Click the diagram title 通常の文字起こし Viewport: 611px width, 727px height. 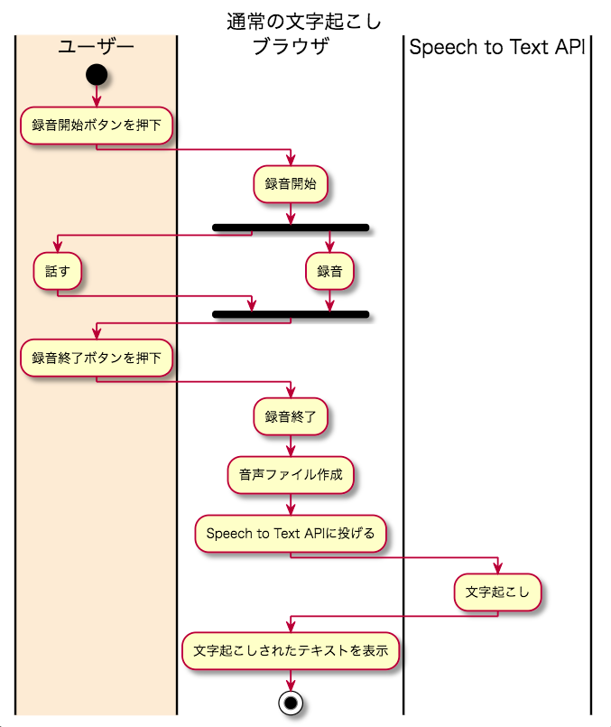304,20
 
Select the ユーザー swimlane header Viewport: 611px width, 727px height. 96,47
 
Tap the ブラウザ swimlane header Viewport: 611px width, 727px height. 291,47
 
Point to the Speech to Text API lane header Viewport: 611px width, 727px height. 496,47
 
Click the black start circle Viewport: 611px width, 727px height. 97,74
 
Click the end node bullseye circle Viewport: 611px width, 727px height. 291,703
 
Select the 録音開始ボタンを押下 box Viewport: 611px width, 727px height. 97,126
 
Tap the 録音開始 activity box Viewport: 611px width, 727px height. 291,184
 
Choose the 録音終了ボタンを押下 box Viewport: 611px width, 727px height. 97,359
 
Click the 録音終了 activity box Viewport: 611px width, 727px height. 291,417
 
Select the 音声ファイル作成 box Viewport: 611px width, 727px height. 291,475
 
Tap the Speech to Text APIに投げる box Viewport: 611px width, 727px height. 291,533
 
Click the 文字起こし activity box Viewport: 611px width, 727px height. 497,592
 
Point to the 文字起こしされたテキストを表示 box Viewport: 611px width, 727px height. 291,650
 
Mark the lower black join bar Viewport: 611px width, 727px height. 291,314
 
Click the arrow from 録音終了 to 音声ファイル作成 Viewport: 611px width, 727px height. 291,446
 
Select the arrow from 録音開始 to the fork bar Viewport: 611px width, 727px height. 291,212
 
